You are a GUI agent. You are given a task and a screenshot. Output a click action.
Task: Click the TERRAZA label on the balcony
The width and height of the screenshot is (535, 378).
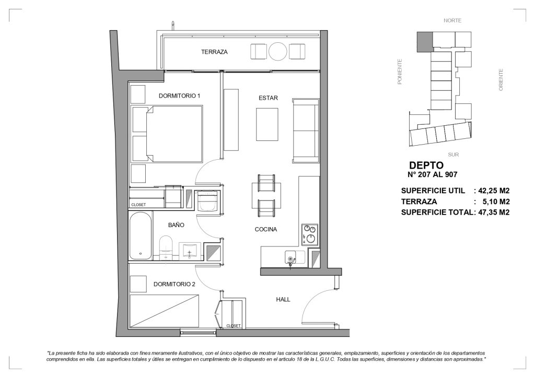[x=214, y=52]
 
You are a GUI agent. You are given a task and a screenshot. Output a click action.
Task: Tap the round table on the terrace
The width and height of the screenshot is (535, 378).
[x=278, y=52]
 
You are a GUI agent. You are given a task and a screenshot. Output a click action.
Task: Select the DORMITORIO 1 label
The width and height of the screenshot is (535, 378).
[x=179, y=96]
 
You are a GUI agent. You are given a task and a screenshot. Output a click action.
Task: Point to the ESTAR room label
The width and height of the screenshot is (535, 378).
[x=268, y=98]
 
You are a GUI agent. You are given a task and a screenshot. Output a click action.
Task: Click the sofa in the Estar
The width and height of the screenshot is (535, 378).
[x=306, y=131]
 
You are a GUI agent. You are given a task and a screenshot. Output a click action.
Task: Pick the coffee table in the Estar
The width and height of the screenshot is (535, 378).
[x=267, y=124]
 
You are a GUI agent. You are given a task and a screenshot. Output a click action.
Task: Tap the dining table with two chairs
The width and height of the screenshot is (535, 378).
[x=266, y=196]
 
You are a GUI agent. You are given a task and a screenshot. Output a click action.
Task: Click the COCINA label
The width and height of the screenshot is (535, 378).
[x=266, y=229]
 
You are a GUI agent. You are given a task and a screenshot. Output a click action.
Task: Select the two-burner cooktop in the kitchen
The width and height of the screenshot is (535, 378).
[x=310, y=234]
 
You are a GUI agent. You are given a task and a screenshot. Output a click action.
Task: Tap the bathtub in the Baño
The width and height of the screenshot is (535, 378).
[x=140, y=236]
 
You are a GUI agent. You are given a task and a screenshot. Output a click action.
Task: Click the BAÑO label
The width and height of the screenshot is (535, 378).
[x=176, y=225]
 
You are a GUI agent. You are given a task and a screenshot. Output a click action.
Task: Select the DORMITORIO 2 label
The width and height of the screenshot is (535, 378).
[x=175, y=284]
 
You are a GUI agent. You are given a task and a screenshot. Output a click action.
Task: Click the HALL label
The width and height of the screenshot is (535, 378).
[x=283, y=299]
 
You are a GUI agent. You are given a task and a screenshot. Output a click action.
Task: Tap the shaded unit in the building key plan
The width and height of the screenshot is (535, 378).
[x=425, y=42]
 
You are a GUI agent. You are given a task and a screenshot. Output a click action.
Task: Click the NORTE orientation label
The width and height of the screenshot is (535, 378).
[x=452, y=20]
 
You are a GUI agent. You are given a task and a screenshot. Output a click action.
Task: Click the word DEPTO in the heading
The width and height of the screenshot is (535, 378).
[x=426, y=166]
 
